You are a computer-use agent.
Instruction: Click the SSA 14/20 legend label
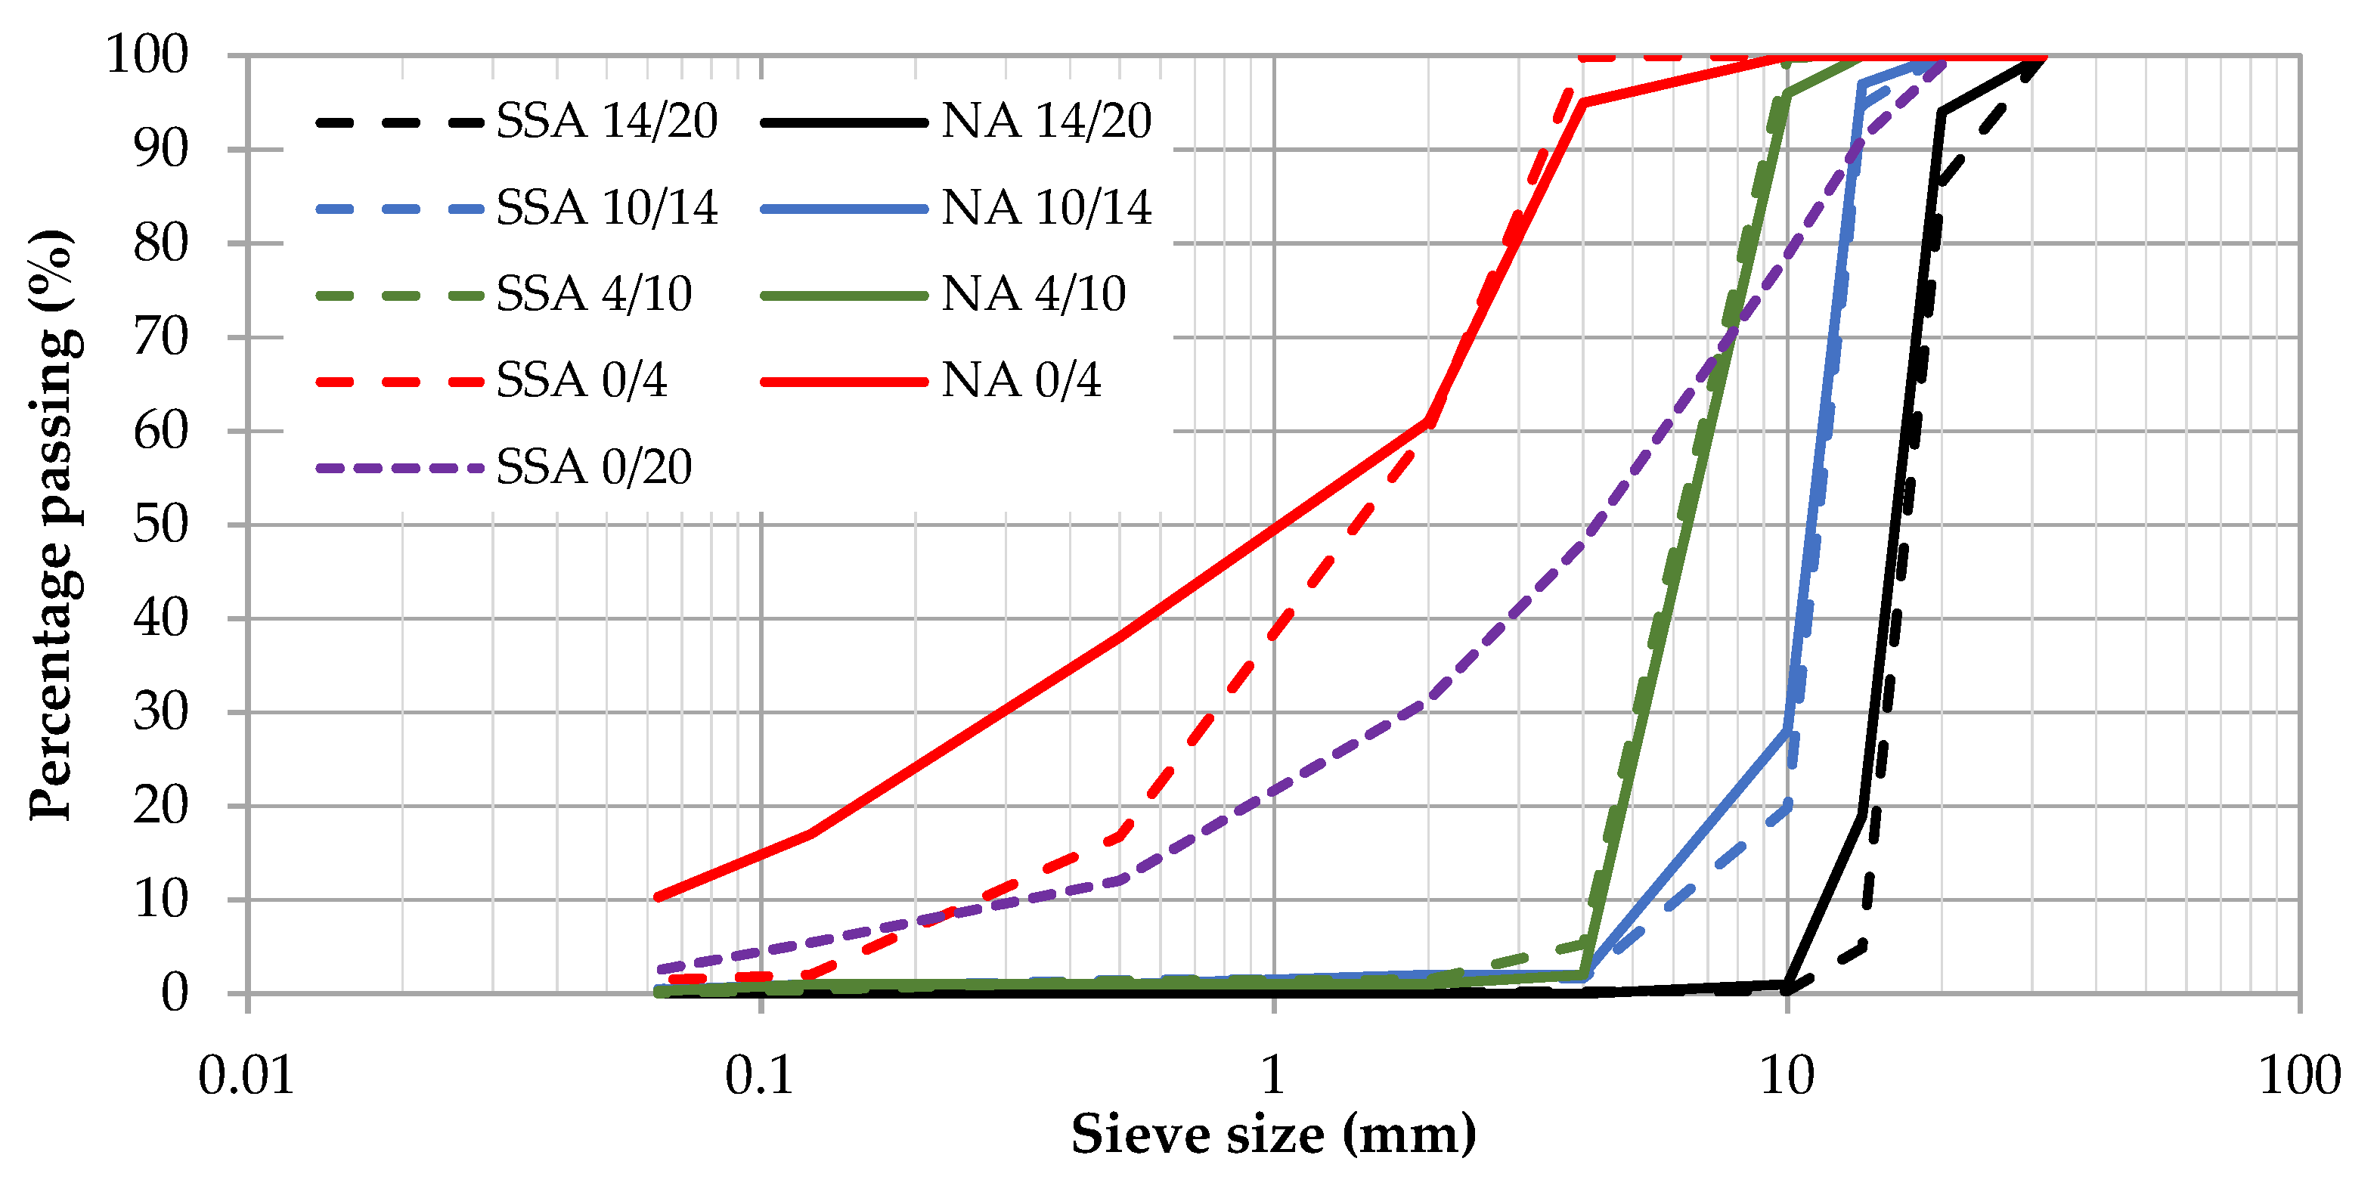[x=606, y=121]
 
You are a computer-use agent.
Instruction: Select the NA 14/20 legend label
[x=1046, y=121]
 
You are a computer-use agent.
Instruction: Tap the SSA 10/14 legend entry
[x=606, y=208]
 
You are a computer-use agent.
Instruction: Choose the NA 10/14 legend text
[x=1046, y=208]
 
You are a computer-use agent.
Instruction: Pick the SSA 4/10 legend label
[x=593, y=294]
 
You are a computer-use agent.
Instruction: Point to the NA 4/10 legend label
[x=1033, y=294]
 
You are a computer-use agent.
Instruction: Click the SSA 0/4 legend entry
[x=581, y=380]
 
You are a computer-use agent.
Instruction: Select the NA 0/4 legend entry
[x=1021, y=380]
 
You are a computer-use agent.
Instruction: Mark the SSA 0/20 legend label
[x=593, y=467]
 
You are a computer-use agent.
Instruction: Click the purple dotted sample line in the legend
[x=398, y=468]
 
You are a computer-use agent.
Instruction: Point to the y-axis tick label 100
[x=147, y=55]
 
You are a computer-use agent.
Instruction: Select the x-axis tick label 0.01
[x=246, y=1076]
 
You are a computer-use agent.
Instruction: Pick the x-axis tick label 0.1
[x=759, y=1076]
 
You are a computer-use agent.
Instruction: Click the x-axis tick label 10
[x=1787, y=1076]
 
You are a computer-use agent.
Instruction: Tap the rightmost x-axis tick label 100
[x=2298, y=1076]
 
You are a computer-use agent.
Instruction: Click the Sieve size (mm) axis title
[x=1272, y=1135]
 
